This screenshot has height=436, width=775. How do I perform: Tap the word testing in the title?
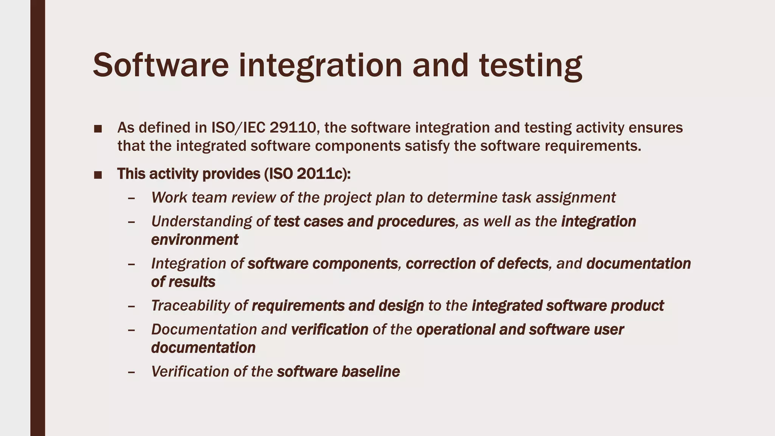point(531,65)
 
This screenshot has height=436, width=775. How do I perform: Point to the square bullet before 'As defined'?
point(98,129)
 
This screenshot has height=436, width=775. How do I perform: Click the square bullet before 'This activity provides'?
point(98,175)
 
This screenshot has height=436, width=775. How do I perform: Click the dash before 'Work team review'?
point(131,198)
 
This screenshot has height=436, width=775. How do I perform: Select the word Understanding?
point(201,221)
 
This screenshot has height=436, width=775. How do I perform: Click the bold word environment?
point(195,240)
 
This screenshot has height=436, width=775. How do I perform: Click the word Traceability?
point(190,305)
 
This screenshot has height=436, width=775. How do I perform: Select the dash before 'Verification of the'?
point(131,372)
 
